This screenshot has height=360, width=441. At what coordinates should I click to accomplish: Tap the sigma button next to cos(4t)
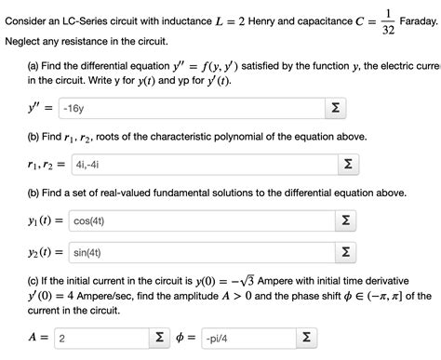344,221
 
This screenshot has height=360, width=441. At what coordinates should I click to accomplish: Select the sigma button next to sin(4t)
344,252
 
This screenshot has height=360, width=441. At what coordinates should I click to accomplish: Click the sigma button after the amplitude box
160,338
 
